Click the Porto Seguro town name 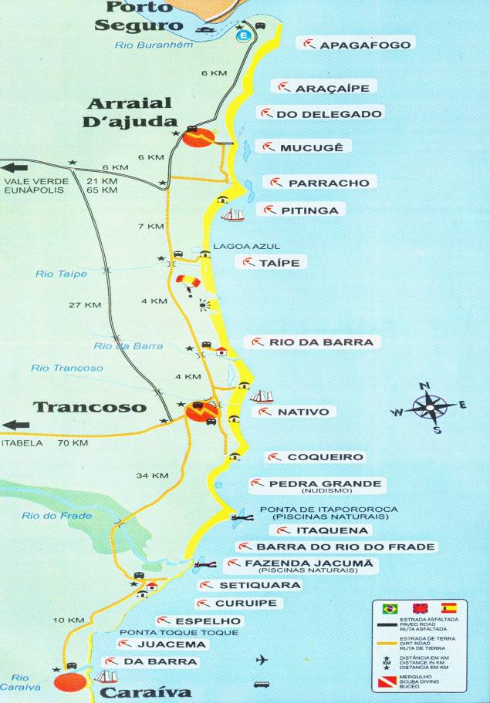pyautogui.click(x=139, y=17)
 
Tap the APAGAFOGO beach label pyautogui.click(x=357, y=45)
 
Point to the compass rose pyautogui.click(x=431, y=406)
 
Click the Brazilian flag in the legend pyautogui.click(x=388, y=608)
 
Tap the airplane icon pyautogui.click(x=262, y=660)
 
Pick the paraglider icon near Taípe pyautogui.click(x=187, y=282)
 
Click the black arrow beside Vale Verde pyautogui.click(x=15, y=166)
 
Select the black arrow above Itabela pyautogui.click(x=15, y=424)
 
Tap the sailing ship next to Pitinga pyautogui.click(x=232, y=214)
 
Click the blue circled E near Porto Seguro pyautogui.click(x=245, y=35)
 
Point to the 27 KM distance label pyautogui.click(x=85, y=305)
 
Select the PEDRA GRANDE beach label pyautogui.click(x=315, y=485)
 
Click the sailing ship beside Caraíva pyautogui.click(x=106, y=677)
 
